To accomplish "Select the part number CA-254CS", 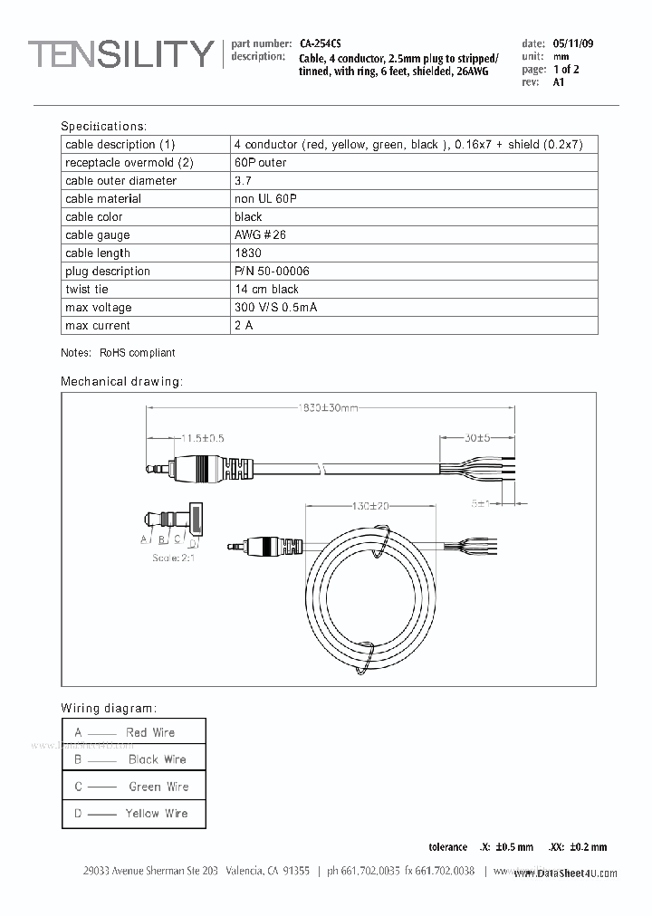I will pyautogui.click(x=321, y=43).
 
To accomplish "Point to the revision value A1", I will pyautogui.click(x=558, y=82).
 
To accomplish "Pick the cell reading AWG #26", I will pyautogui.click(x=260, y=235).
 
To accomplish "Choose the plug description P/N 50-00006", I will pyautogui.click(x=272, y=272).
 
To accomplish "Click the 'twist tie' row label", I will pyautogui.click(x=86, y=290).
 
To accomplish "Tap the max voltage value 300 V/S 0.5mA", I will pyautogui.click(x=275, y=308).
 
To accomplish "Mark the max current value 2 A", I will pyautogui.click(x=243, y=326).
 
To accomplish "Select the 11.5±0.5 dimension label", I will pyautogui.click(x=201, y=438).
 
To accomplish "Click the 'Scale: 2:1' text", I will pyautogui.click(x=173, y=558).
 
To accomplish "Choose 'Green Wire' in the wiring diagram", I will pyautogui.click(x=158, y=787).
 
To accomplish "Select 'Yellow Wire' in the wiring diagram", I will pyautogui.click(x=157, y=814).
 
